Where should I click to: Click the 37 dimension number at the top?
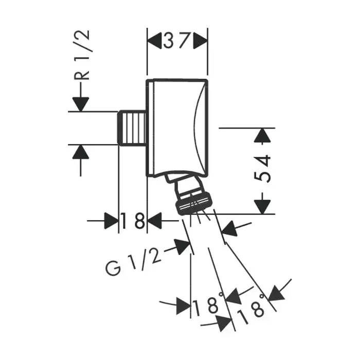coord(177,41)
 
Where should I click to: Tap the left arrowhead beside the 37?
coord(154,41)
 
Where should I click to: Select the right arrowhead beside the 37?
coord(200,41)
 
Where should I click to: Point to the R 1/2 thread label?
coord(81,55)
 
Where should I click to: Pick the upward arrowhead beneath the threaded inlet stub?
coord(81,152)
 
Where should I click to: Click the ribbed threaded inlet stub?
coord(132,128)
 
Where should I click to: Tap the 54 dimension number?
coord(262,169)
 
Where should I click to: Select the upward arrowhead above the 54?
coord(262,135)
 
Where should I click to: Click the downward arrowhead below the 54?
coord(262,207)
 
